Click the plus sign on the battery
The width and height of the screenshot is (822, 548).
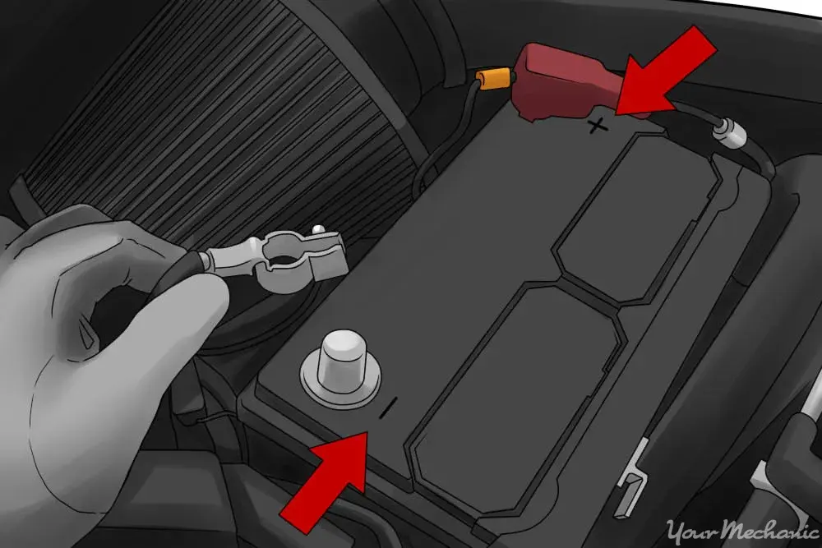tap(598, 126)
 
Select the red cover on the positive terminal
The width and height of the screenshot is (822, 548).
tap(566, 84)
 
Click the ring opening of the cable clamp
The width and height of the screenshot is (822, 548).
tap(284, 259)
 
